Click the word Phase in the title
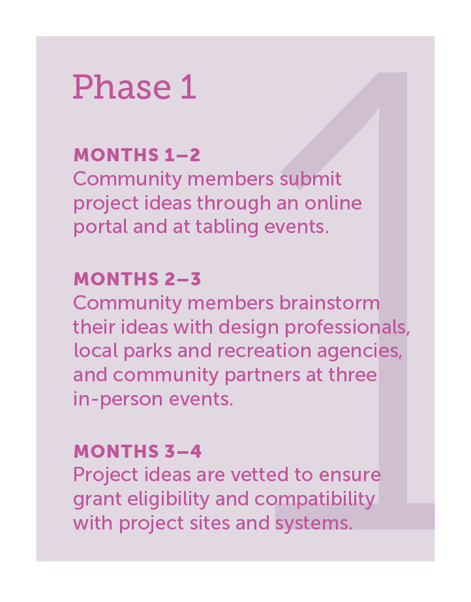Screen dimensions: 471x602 pos(122,87)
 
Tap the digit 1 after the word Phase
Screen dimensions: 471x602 pos(189,87)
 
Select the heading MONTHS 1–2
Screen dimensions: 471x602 pos(137,155)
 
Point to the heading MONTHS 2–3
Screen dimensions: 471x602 pos(137,279)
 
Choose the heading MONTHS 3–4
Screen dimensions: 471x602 pos(137,451)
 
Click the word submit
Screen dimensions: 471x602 pos(311,179)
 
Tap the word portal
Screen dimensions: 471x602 pos(100,228)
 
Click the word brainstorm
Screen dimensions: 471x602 pos(329,303)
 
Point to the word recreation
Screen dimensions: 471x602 pos(264,351)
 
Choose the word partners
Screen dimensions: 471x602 pos(262,375)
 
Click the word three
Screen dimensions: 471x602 pos(353,375)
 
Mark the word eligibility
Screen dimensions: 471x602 pos(168,499)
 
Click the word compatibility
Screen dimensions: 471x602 pos(314,499)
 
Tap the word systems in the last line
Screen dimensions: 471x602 pos(313,524)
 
